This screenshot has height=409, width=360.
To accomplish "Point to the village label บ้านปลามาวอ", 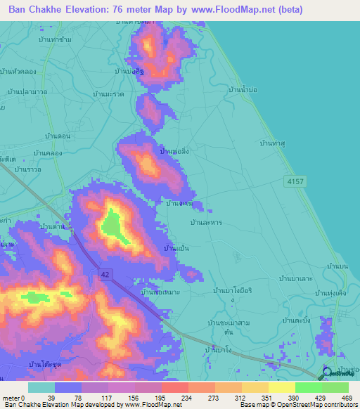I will pyautogui.click(x=27, y=91).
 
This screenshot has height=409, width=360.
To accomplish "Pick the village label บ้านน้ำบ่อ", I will pyautogui.click(x=246, y=89).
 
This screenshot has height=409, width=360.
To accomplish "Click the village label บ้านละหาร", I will pyautogui.click(x=206, y=222).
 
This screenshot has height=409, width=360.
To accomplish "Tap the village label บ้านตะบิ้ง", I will pyautogui.click(x=296, y=320).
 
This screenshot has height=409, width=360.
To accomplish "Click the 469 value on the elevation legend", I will pyautogui.click(x=348, y=397).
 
